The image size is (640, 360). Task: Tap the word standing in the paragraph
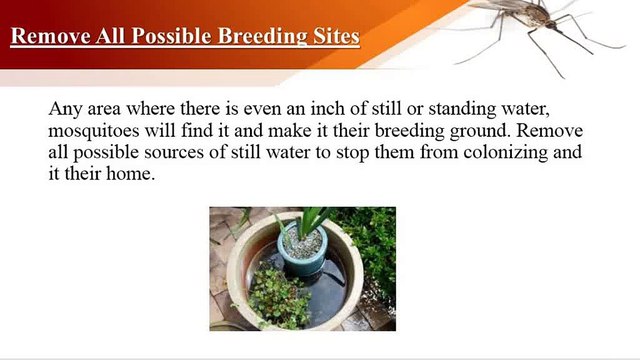[472, 109]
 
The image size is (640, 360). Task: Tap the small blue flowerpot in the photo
[299, 250]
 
